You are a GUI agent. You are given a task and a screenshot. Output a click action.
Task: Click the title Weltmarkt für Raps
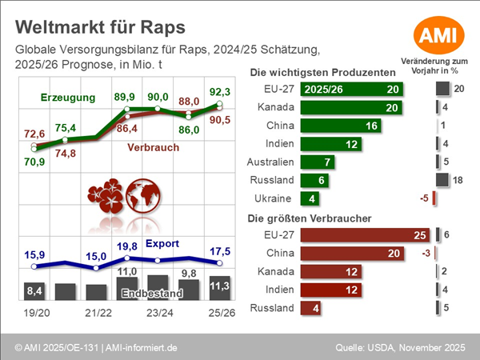point(100,27)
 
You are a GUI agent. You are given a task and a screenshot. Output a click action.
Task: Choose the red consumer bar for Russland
point(312,308)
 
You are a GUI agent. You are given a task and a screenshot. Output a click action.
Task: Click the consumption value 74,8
point(66,154)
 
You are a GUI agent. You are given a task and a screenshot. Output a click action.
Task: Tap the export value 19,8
point(129,246)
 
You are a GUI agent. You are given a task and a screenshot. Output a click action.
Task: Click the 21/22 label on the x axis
point(97,314)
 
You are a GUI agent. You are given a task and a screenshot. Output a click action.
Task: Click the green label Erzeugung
point(68,98)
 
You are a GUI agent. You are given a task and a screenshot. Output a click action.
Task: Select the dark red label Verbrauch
point(153,147)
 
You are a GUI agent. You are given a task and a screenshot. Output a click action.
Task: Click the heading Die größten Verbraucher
point(313,218)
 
